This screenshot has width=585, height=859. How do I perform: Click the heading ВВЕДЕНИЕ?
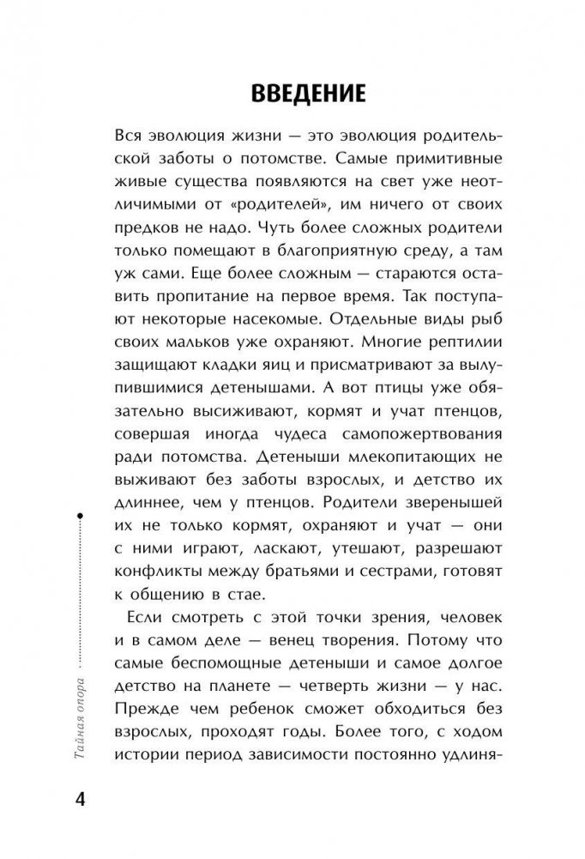click(292, 92)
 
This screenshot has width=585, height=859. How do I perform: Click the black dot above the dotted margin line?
click(79, 516)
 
